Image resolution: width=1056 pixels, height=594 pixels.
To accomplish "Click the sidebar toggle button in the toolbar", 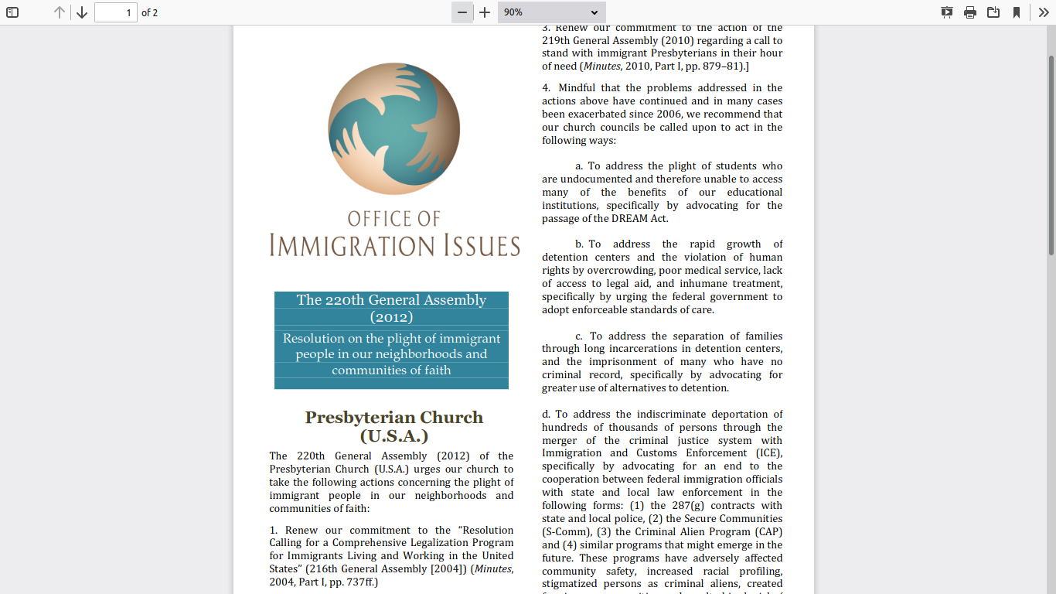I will point(12,12).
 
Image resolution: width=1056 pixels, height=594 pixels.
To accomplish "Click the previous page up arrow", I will point(60,12).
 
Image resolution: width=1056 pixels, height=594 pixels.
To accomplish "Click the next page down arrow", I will point(82,12).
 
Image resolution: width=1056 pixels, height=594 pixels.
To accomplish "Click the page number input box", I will point(115,12).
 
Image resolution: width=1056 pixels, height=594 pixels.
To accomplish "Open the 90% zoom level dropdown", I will point(551,12).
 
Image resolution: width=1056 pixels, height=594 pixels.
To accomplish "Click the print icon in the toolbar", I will point(970,12).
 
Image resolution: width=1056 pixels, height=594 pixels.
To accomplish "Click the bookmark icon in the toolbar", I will point(1017,12).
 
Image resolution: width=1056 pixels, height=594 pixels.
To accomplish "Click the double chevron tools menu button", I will point(1043,12).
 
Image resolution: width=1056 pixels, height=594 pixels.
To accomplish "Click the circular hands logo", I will point(394,128).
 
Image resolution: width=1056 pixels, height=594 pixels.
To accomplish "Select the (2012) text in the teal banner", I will point(391,317).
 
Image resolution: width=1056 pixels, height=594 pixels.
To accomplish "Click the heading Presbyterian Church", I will point(393,418).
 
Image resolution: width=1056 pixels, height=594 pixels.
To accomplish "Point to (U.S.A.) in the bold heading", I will point(393,436).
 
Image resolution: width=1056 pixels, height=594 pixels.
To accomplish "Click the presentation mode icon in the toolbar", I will point(947,12).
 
